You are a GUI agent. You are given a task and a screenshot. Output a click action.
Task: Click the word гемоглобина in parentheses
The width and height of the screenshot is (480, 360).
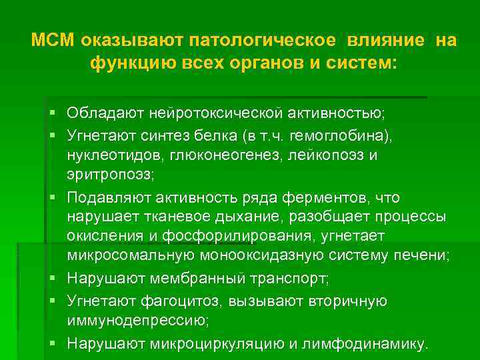click(334, 135)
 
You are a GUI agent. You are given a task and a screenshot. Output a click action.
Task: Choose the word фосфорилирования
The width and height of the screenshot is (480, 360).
click(250, 236)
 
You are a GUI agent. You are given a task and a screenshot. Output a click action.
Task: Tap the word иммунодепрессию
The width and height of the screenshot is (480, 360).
click(137, 319)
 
